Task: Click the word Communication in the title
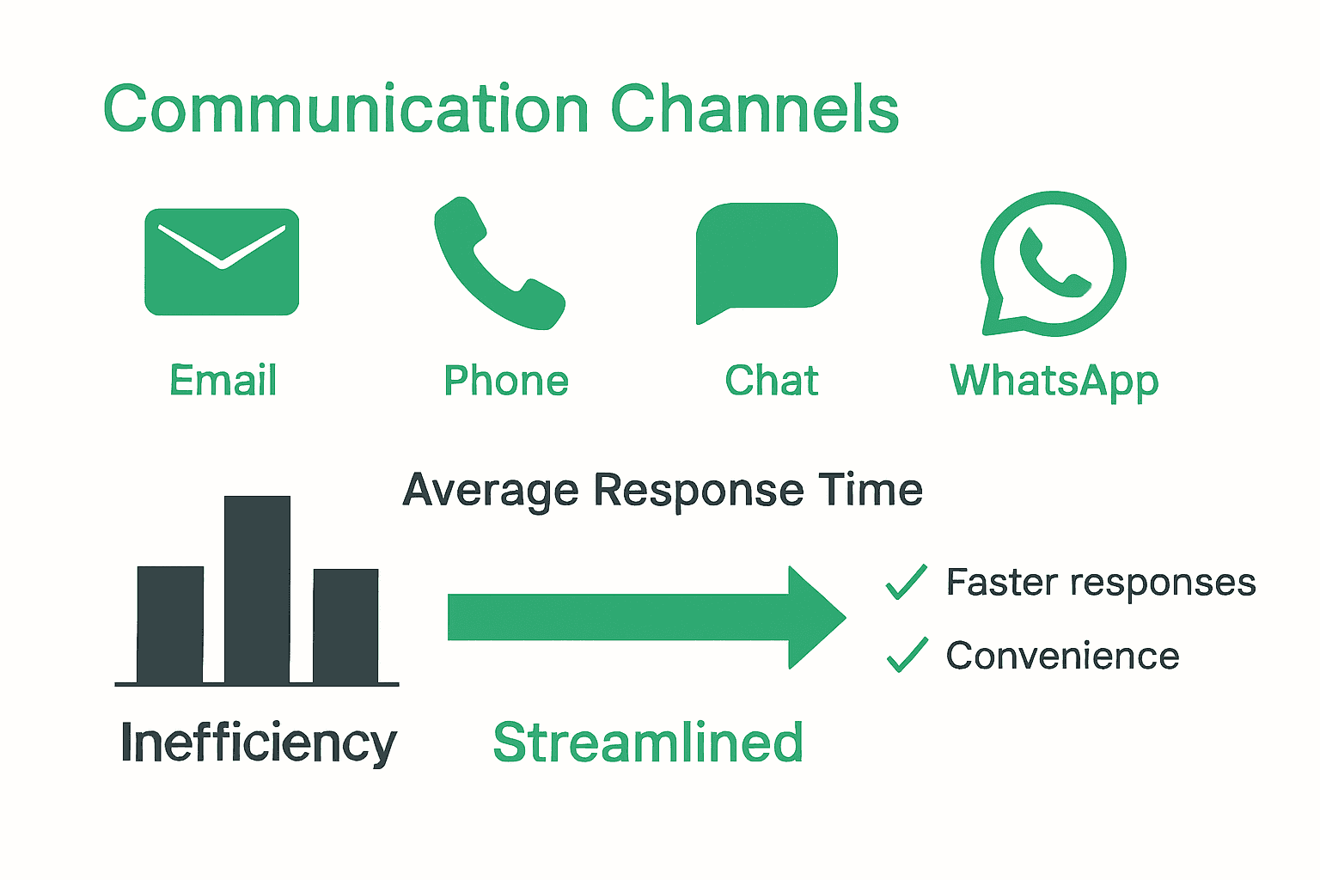[x=346, y=110]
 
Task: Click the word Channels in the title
[x=755, y=110]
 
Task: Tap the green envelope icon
[x=222, y=262]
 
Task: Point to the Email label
[x=223, y=381]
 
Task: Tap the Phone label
[x=506, y=381]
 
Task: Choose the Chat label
[x=772, y=381]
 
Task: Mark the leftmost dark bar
[x=170, y=624]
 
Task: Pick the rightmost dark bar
[x=345, y=626]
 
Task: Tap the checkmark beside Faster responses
[x=907, y=582]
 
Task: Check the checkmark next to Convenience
[x=907, y=655]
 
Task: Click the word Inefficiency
[x=258, y=743]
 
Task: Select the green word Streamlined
[x=648, y=743]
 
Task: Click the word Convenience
[x=1063, y=657]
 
